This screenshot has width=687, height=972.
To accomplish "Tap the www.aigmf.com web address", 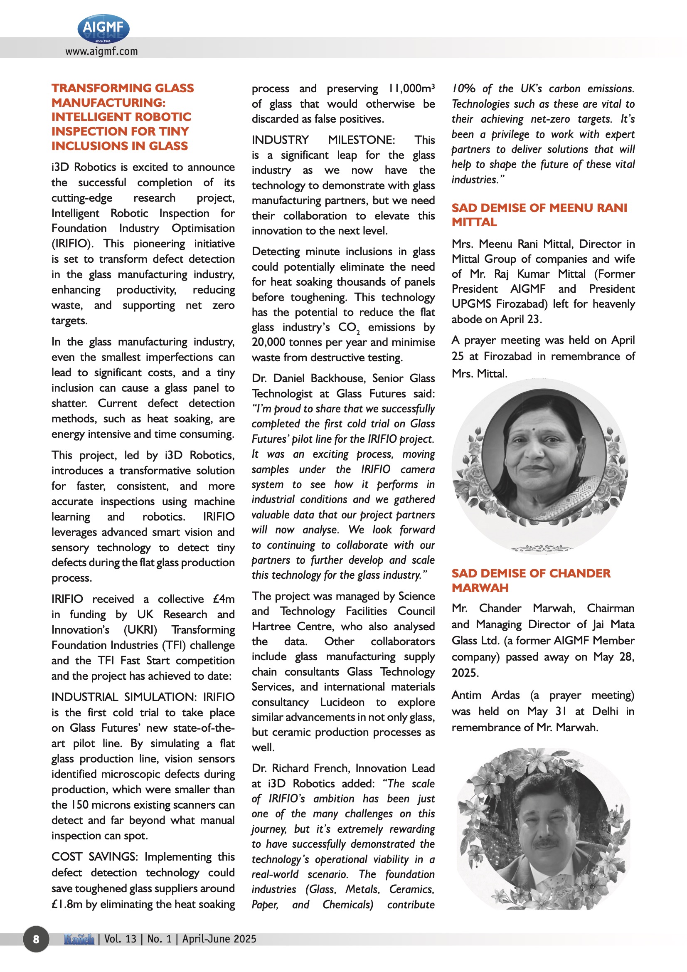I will tap(101, 52).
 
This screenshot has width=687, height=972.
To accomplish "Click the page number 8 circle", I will tap(36, 939).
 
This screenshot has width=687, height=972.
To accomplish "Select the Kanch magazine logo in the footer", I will tap(79, 939).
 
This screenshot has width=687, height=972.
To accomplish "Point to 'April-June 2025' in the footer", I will tap(219, 939).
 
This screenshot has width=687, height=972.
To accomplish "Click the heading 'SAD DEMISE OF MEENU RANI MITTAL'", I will tap(539, 215).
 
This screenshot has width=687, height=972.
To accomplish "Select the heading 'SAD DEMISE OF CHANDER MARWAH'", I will tap(530, 580).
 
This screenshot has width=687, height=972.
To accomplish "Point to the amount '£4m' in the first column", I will tap(224, 599).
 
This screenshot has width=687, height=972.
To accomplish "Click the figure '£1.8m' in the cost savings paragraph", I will tap(67, 904).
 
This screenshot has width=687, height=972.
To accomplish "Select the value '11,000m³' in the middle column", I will tap(411, 89).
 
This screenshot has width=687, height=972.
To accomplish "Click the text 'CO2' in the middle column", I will tap(348, 328).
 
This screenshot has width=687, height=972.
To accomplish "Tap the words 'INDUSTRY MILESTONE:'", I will tap(323, 140).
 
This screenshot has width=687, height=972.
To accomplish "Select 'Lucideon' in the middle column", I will tap(342, 702).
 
